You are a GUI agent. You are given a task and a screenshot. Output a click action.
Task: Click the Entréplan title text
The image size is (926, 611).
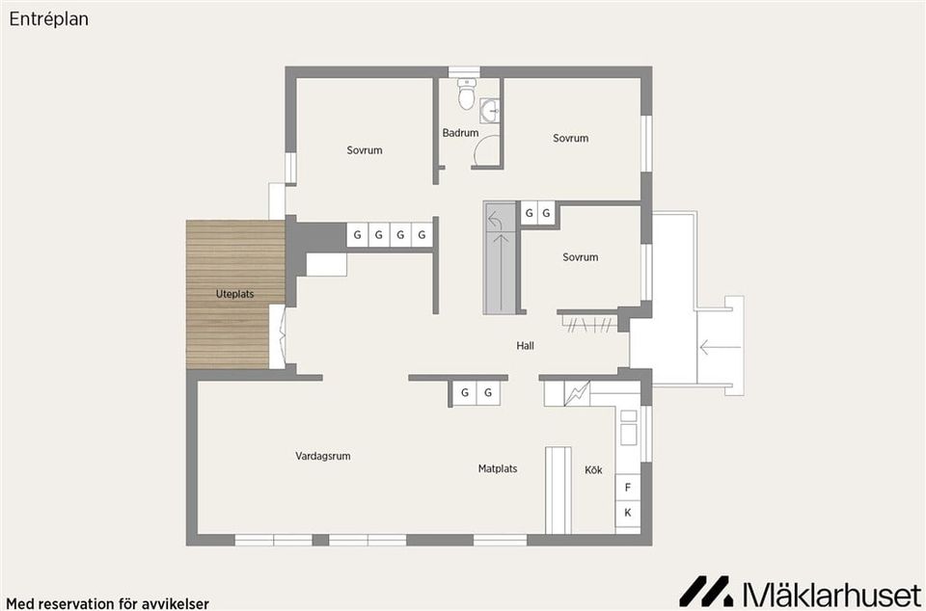pyautogui.click(x=49, y=18)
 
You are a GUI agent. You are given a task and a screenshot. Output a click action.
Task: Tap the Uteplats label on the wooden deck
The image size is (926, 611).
pyautogui.click(x=234, y=293)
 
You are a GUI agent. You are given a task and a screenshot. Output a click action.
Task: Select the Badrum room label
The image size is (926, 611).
pyautogui.click(x=460, y=133)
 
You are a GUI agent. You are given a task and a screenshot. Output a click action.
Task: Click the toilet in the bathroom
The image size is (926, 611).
pyautogui.click(x=467, y=94)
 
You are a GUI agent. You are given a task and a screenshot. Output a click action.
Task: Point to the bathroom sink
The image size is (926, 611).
pyautogui.click(x=492, y=111)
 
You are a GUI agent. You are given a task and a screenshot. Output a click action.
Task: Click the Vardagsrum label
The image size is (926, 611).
pyautogui.click(x=322, y=456)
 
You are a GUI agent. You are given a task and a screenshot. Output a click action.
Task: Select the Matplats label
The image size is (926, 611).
pyautogui.click(x=498, y=468)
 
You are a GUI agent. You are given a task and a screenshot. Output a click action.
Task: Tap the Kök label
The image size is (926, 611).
pyautogui.click(x=593, y=470)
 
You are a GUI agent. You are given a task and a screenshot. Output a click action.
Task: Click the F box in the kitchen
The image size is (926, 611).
pyautogui.click(x=628, y=487)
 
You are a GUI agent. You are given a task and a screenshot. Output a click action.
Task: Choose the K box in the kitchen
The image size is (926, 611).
pyautogui.click(x=628, y=513)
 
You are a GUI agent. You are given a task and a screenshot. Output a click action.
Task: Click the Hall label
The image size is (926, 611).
pyautogui.click(x=525, y=345)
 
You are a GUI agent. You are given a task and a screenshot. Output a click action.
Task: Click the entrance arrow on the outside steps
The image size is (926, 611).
pyautogui.click(x=720, y=346)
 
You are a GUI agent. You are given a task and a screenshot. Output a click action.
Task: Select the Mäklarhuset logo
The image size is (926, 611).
pyautogui.click(x=800, y=590)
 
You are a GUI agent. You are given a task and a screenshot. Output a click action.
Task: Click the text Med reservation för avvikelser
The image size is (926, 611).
pyautogui.click(x=107, y=603)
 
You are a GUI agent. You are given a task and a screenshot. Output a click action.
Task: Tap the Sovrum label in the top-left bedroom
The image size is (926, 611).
pyautogui.click(x=365, y=150)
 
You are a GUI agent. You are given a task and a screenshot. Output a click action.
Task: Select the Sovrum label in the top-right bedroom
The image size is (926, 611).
pyautogui.click(x=570, y=138)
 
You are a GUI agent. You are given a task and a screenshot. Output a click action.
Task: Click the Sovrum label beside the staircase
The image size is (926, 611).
pyautogui.click(x=580, y=257)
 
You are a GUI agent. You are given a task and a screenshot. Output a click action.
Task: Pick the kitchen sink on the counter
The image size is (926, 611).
pyautogui.click(x=629, y=427)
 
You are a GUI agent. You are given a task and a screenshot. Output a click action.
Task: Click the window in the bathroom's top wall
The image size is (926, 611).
pyautogui.click(x=464, y=71)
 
